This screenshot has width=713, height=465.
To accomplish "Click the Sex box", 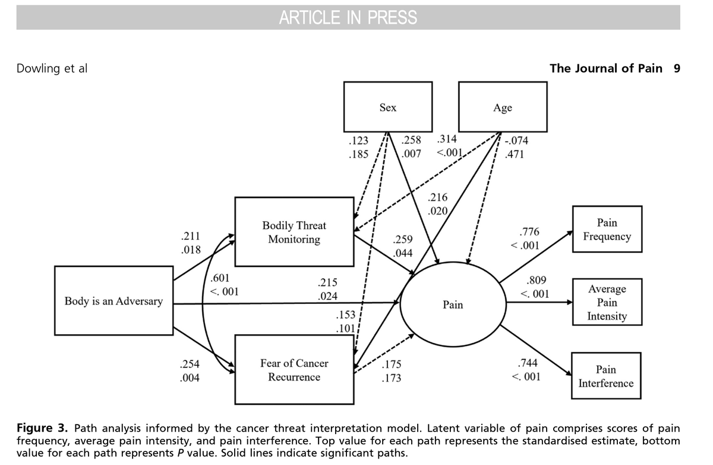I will coord(387,107).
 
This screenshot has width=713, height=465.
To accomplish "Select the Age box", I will coord(503,107).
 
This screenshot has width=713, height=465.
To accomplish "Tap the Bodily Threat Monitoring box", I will coord(294,232).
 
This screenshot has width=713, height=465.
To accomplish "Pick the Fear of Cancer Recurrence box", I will coord(294,369).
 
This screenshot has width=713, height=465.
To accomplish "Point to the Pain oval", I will coord(453,304).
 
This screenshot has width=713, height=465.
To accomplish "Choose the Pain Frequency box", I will coord(607,230).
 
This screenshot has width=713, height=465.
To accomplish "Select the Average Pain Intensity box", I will coord(607,302).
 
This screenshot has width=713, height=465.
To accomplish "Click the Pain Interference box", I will coord(606,376).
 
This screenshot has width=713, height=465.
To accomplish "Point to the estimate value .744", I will coord(528,363).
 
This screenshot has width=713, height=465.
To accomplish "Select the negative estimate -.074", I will coord(516,142).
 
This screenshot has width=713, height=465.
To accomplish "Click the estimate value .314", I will coord(446,140).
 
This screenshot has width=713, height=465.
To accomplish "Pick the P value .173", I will coord(392,378).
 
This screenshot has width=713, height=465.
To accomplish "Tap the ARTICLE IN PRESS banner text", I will coord(348,18).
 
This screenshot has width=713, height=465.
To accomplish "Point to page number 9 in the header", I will coord(677,68).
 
